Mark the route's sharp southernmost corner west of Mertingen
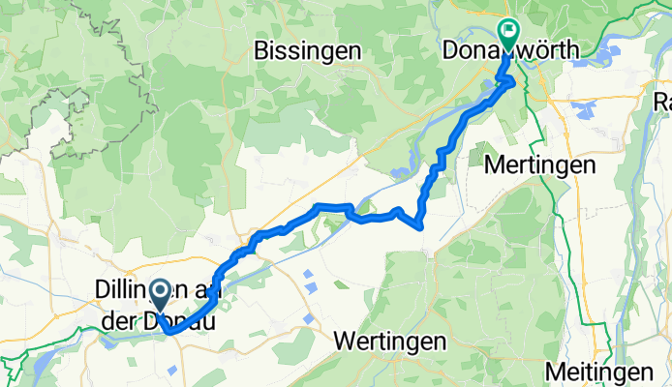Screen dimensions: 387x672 tap(419, 227)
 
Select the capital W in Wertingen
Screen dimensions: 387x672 tap(343, 342)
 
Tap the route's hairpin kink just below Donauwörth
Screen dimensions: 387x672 tap(510, 83)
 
